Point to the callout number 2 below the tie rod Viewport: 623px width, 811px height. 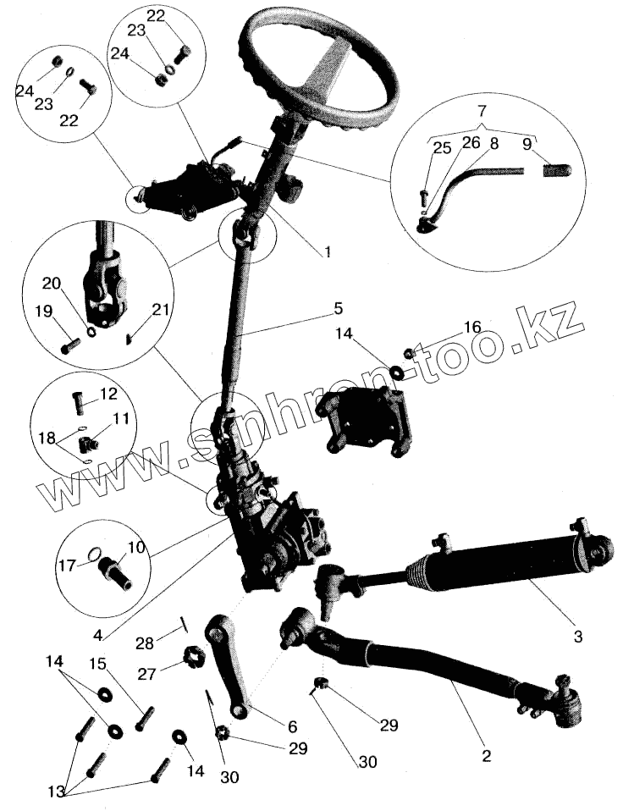[x=486, y=756]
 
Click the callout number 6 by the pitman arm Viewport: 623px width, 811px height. [x=291, y=725]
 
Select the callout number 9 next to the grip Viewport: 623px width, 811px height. [x=527, y=144]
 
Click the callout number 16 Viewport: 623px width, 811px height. [x=471, y=327]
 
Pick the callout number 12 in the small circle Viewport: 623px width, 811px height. [x=108, y=394]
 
